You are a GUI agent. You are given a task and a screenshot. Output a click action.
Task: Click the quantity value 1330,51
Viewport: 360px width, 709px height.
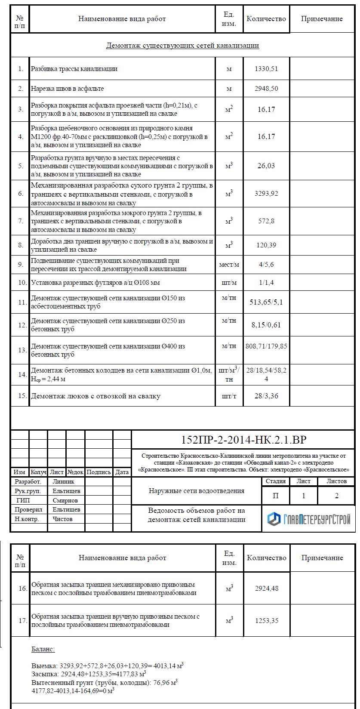[x=266, y=69]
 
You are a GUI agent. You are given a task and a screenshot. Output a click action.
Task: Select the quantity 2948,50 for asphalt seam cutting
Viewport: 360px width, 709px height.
[x=266, y=89]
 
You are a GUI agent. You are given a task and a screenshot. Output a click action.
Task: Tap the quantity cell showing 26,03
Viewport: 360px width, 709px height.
[x=266, y=166]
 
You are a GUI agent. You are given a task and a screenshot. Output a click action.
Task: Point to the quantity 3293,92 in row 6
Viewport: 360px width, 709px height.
[x=266, y=194]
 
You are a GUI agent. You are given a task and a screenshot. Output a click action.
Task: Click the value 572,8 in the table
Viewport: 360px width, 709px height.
[x=266, y=221]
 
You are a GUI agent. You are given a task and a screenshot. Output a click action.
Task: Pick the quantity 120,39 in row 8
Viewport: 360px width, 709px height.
[x=266, y=245]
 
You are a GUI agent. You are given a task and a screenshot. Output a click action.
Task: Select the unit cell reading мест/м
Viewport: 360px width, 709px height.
[x=229, y=265]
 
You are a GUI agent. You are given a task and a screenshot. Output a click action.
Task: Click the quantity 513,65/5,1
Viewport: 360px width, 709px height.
[x=266, y=302]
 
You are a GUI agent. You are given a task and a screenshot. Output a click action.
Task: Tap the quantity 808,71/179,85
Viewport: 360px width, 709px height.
[x=266, y=346]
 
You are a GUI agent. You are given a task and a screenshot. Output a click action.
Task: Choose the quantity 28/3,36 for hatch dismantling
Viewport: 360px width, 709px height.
[x=266, y=396]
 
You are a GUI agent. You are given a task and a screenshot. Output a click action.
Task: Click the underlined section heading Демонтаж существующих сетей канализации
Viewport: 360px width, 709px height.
[x=182, y=45]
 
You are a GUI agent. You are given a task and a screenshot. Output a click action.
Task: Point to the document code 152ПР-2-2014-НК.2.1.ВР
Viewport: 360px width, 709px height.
[x=243, y=440]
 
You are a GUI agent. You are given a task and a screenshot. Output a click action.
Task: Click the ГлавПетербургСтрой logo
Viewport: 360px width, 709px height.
[x=309, y=519]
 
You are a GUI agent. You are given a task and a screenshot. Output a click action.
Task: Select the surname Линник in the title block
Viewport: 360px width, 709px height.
[x=63, y=482]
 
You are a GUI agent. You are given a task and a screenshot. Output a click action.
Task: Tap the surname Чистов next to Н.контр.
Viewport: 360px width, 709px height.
[x=63, y=519]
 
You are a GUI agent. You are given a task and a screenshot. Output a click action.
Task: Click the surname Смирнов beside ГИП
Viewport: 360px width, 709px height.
[x=65, y=500]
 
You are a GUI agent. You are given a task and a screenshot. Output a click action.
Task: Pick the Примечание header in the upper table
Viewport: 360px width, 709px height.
[x=322, y=19]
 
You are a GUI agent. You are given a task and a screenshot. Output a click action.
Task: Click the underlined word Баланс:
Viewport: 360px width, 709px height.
[x=43, y=649]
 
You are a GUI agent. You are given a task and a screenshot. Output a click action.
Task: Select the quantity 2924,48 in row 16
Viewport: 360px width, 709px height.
[x=267, y=589]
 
